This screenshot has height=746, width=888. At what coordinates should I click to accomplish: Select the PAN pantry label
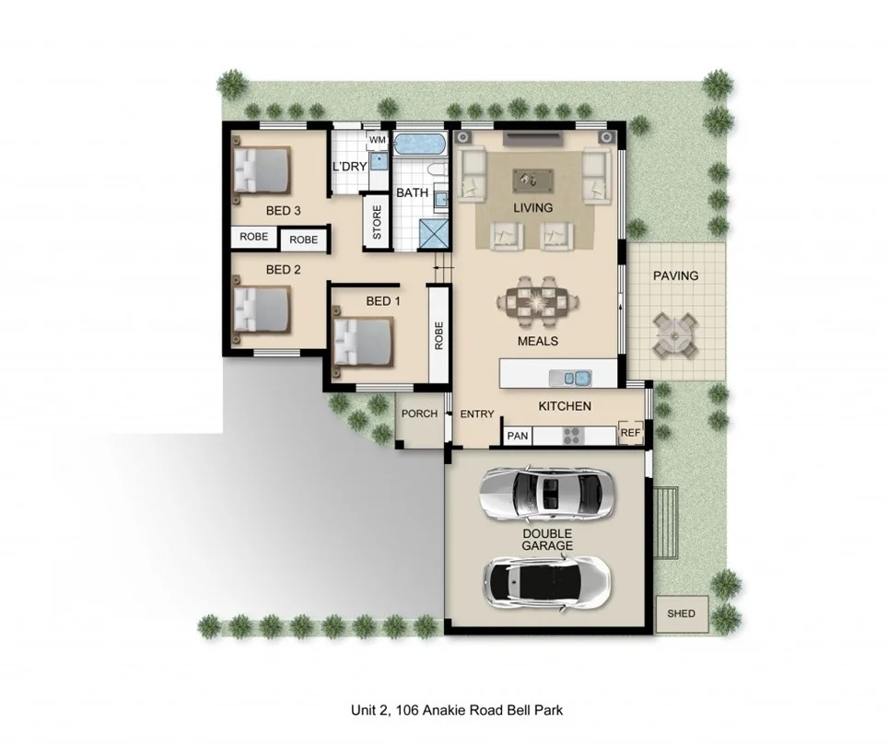coord(518,436)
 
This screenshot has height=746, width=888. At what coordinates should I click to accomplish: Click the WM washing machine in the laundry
coord(378,140)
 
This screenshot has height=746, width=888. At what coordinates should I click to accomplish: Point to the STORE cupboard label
coord(377,222)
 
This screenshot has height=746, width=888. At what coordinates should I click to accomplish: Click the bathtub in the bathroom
coord(420,146)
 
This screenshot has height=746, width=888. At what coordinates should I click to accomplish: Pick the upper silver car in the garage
coord(545,494)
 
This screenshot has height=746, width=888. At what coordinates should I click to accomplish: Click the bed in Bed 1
coord(364,340)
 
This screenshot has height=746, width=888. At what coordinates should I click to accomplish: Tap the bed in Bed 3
coord(262,169)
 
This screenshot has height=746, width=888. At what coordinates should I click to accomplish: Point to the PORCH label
coord(420,414)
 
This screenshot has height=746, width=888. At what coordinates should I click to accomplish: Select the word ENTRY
coord(477,414)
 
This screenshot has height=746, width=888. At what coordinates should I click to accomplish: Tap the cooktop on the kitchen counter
coord(571,434)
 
